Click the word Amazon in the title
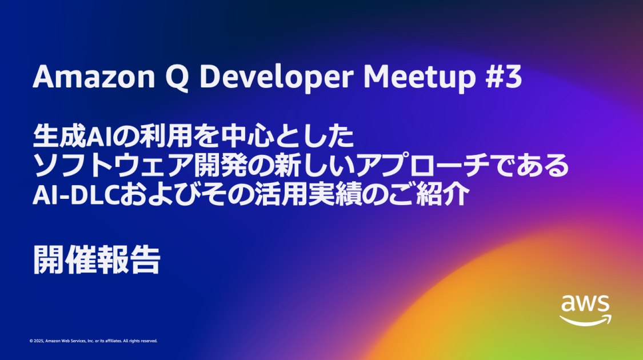94,77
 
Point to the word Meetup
420,78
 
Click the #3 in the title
504,77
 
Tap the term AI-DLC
76,194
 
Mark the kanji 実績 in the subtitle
334,194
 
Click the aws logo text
585,304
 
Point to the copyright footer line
94,341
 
